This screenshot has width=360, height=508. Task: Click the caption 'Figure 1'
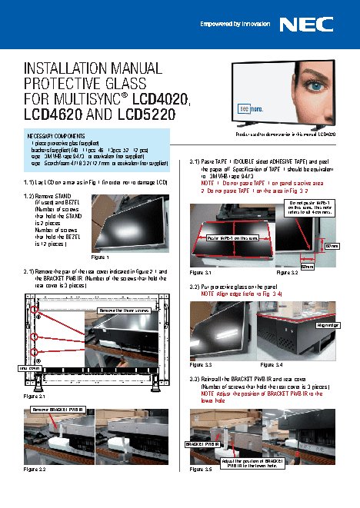pyautogui.click(x=101, y=256)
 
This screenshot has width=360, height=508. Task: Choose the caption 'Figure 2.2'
pyautogui.click(x=35, y=468)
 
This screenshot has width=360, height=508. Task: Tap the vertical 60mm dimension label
pyautogui.click(x=332, y=245)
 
